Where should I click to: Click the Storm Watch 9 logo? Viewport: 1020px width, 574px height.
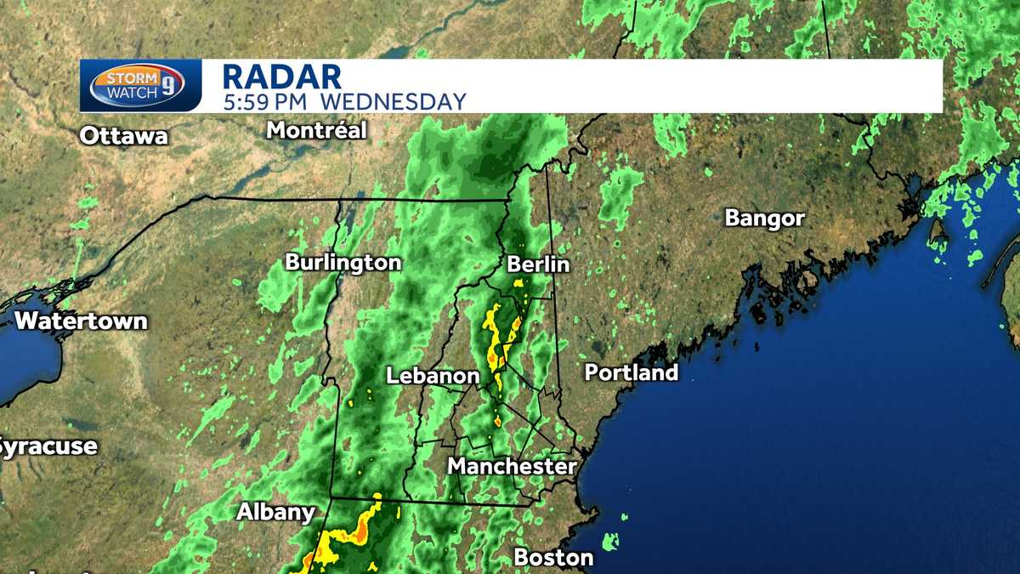(x=140, y=86)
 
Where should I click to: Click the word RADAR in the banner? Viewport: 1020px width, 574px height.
(x=281, y=77)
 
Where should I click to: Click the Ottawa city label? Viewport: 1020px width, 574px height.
(x=124, y=136)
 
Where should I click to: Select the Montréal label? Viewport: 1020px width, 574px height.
(x=316, y=131)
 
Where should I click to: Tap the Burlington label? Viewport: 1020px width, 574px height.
(x=343, y=262)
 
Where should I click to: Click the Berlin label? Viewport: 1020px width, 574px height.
(x=538, y=264)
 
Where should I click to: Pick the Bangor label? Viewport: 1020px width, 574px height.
(x=764, y=219)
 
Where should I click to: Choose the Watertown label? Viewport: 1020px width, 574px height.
(x=82, y=321)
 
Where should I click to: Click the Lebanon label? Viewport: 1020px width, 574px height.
(x=433, y=376)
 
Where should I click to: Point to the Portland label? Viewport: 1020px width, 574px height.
(x=632, y=372)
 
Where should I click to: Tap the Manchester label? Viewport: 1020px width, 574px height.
(x=512, y=466)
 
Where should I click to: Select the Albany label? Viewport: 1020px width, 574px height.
(x=275, y=512)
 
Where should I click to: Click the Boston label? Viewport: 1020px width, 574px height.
(x=553, y=558)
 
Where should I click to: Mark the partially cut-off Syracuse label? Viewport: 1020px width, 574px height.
(x=48, y=446)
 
